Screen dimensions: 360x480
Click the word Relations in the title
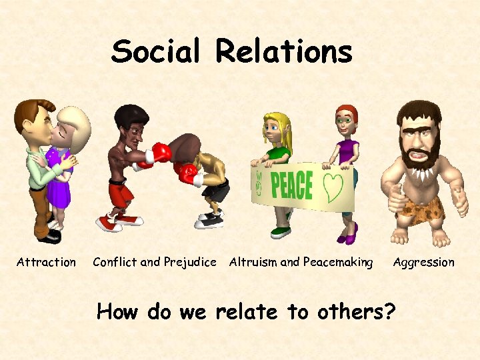click(x=284, y=51)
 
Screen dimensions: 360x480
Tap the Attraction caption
click(x=46, y=262)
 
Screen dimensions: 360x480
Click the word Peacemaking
click(x=338, y=262)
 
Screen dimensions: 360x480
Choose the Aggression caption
click(x=423, y=262)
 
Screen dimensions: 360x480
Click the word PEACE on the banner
click(x=292, y=185)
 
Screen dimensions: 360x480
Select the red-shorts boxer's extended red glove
click(x=160, y=153)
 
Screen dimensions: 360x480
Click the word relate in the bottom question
click(x=247, y=311)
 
